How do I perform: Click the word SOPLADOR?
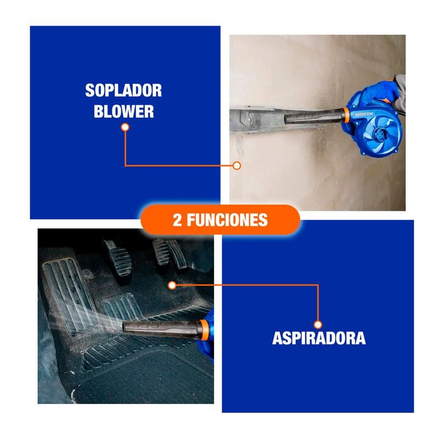point(123,90)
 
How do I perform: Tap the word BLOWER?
point(123,111)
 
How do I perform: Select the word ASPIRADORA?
point(319,338)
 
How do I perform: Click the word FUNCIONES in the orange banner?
point(227,220)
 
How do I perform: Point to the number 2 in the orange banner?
point(177,220)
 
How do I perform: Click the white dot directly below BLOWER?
point(125,127)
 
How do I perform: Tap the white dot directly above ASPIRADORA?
point(318,325)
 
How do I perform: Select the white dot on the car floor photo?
point(172,286)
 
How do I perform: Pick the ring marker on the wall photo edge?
point(237,166)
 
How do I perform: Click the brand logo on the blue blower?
point(364,114)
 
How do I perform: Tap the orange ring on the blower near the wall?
point(347,115)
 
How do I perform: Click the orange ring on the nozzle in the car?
point(205,330)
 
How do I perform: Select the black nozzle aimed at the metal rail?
point(314,116)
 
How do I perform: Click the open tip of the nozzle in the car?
point(125,327)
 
